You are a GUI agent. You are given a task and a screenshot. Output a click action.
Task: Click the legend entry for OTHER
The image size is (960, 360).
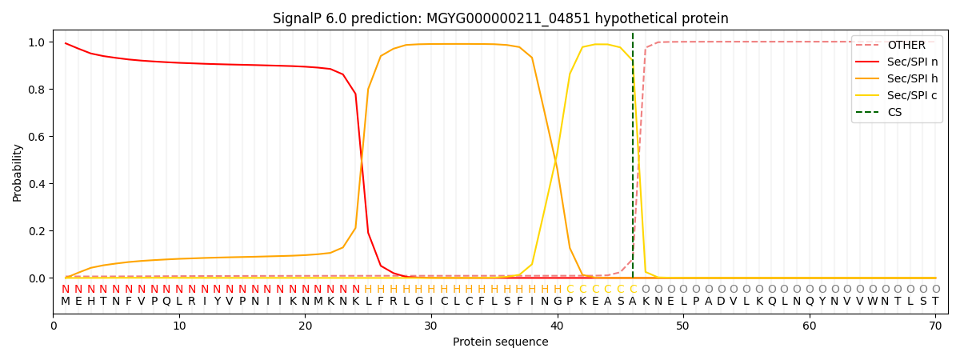click(x=897, y=45)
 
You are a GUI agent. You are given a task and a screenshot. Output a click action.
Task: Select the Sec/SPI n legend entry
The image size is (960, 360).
click(x=897, y=62)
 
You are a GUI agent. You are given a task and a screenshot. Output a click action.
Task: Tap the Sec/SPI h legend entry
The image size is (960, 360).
click(x=897, y=78)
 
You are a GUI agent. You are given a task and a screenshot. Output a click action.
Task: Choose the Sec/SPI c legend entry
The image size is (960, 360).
click(x=897, y=95)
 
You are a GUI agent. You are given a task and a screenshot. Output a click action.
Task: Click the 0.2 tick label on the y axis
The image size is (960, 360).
click(x=37, y=231)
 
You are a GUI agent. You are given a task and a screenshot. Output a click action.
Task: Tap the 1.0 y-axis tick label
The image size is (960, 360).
click(x=37, y=42)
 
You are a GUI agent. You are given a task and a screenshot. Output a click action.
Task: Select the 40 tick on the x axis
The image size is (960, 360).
click(x=557, y=326)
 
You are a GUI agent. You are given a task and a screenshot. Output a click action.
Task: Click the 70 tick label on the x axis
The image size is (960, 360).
click(x=935, y=326)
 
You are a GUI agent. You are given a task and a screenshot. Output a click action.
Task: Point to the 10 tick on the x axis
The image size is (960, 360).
click(x=179, y=326)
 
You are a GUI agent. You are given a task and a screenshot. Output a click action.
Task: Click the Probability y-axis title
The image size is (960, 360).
click(x=17, y=173)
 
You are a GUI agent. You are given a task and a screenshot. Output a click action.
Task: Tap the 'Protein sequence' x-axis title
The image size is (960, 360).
click(x=501, y=342)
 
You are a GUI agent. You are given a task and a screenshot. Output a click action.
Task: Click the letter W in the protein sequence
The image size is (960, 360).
click(x=872, y=302)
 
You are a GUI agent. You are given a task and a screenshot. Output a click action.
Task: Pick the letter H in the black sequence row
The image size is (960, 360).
click(x=91, y=302)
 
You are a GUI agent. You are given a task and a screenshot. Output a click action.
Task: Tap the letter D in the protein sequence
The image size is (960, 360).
click(x=722, y=302)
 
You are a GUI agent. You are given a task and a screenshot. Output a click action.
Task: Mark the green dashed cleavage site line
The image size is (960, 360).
click(x=633, y=155)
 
